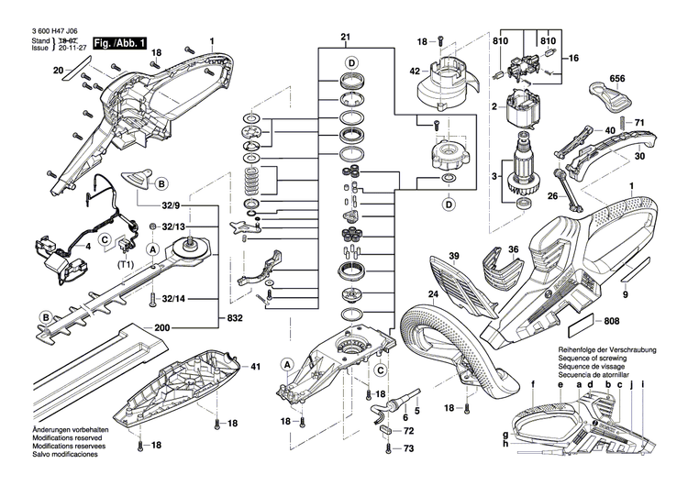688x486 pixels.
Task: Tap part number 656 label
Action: click(617, 80)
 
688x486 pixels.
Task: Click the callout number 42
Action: click(415, 72)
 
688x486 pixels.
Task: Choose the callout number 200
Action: click(163, 327)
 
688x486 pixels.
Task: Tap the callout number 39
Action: click(453, 256)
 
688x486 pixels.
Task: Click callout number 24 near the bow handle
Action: click(433, 295)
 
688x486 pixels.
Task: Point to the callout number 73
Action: click(409, 448)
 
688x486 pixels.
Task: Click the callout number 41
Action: click(255, 367)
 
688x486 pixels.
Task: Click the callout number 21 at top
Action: click(346, 38)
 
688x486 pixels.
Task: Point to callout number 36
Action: click(514, 249)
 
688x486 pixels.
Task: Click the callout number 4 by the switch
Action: click(87, 247)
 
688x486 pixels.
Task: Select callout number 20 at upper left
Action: click(58, 70)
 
